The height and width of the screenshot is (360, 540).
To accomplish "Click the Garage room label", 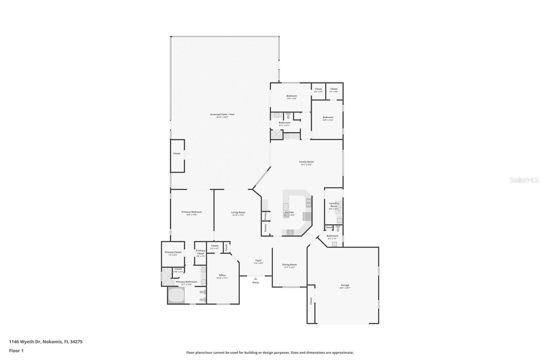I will coord(345,285).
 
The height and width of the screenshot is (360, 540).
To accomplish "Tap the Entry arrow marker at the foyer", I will coord(255,279).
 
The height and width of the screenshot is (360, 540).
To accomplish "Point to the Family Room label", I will coord(306,162).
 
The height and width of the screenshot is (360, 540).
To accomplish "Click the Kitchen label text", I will coord(289,212).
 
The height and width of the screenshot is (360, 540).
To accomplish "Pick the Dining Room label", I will coord(289,265).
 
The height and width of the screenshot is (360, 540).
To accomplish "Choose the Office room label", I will coord(222,275).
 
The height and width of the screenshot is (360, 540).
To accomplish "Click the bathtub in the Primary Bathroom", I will coord(176,296).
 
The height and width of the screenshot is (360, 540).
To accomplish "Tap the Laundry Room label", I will coord(333,205).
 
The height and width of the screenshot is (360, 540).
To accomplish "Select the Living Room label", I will coord(238,212).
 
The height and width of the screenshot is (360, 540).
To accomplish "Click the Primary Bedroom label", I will coord(191,212).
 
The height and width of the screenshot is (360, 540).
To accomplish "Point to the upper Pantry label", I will coord(265,215).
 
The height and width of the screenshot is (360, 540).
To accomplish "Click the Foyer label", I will coord(258,260).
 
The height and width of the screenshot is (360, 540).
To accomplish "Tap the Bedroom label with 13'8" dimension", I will coord(292,96).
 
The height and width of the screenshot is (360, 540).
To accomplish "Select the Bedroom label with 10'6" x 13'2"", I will coord(328,118).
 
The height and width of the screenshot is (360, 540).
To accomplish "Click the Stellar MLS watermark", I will coord(524,180).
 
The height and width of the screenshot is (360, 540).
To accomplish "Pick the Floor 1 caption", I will coord(16,351).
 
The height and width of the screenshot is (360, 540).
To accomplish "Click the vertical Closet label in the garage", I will coord(311,301).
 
